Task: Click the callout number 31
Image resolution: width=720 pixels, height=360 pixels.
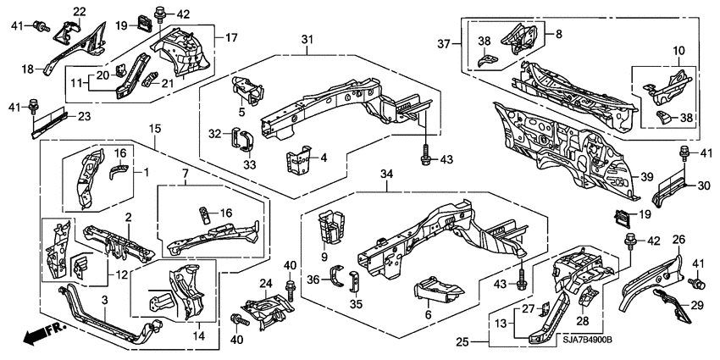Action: pos(307,40)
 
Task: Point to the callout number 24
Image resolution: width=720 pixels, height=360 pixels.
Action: pos(265,283)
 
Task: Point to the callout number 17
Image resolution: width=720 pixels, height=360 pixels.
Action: pos(230,37)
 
